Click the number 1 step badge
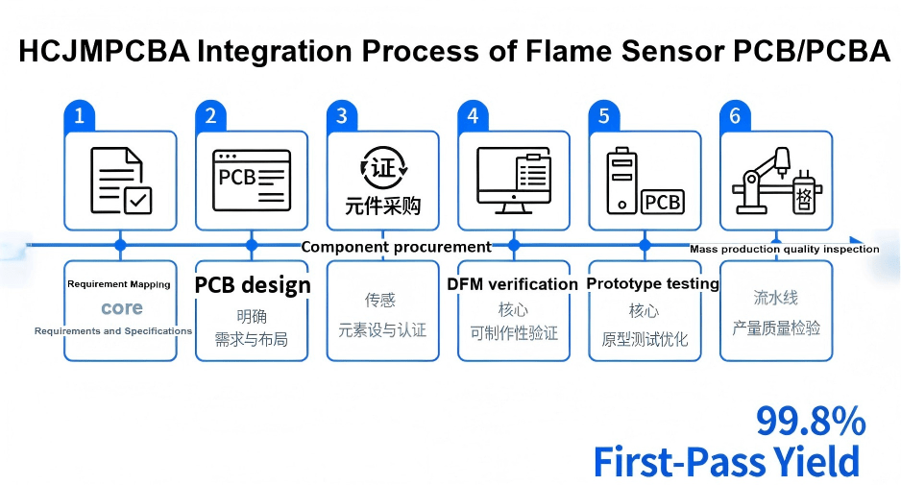[80, 116]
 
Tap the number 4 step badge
[473, 116]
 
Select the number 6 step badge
[735, 116]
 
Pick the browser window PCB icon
[252, 180]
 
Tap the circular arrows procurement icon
[383, 169]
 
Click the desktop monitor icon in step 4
[514, 180]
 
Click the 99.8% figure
[810, 421]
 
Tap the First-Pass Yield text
[725, 462]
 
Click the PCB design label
[253, 285]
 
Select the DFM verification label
[512, 284]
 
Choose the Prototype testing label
[652, 283]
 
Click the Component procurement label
[396, 247]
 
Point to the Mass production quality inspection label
[784, 249]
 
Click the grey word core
[121, 308]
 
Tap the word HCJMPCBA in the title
[105, 52]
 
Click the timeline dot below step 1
[120, 245]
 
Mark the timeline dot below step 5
[645, 245]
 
